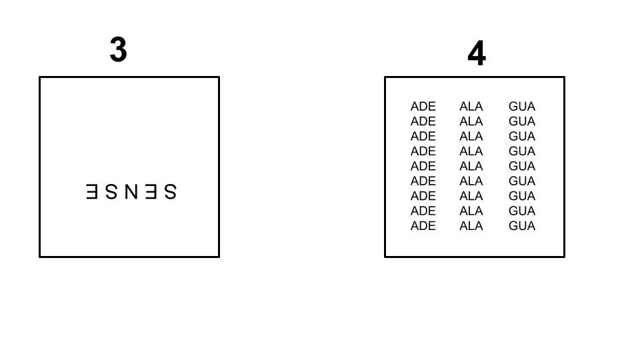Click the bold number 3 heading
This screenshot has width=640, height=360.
click(118, 50)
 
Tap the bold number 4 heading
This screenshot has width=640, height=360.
click(477, 53)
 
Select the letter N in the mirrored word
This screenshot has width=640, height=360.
click(131, 192)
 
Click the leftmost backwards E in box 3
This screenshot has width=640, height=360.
click(93, 192)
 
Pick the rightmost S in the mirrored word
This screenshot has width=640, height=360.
click(170, 192)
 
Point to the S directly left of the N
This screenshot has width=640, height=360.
click(111, 192)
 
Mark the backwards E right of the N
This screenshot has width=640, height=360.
click(151, 192)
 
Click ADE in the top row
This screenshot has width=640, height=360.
click(423, 107)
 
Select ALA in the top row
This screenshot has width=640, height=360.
click(471, 107)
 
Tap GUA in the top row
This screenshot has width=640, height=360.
click(521, 107)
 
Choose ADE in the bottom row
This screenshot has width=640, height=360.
click(423, 226)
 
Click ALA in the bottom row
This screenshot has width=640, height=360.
click(471, 226)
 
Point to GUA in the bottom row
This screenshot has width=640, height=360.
click(521, 226)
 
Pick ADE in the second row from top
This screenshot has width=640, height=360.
click(423, 121)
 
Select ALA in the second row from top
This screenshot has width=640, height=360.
click(471, 121)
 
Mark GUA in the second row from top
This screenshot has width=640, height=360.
click(521, 121)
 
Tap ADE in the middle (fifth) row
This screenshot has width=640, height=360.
click(423, 166)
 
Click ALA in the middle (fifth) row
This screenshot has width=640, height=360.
click(471, 166)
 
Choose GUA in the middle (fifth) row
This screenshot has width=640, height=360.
click(521, 166)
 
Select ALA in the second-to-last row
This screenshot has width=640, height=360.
click(471, 211)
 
